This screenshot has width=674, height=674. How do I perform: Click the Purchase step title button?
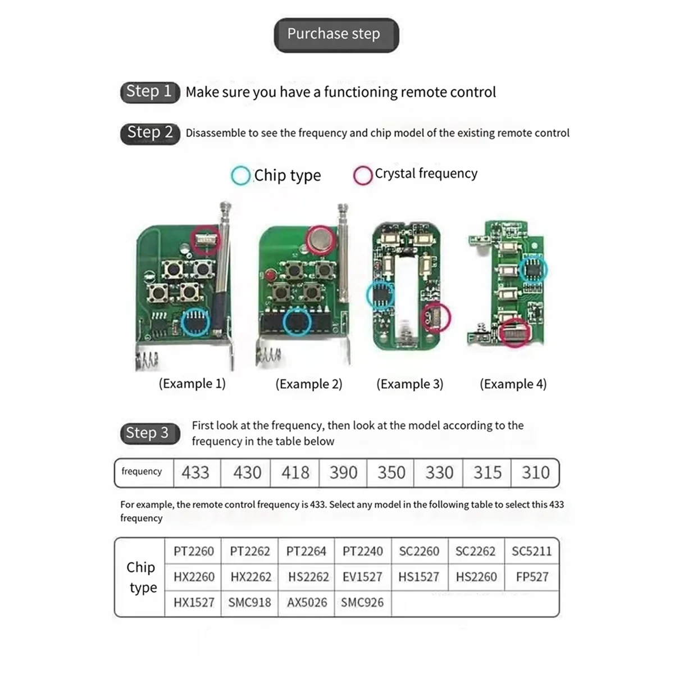point(336,35)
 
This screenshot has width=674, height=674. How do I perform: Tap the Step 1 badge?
point(149,92)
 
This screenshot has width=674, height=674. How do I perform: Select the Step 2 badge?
point(150,133)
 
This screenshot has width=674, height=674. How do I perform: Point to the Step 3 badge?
point(148,433)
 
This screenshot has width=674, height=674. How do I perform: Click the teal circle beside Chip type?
point(240,175)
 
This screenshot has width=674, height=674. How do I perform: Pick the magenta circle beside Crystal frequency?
point(363,175)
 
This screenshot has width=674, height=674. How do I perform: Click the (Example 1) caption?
point(192,384)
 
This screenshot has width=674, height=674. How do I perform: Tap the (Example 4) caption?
point(513,384)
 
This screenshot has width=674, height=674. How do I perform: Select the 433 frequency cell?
point(195,472)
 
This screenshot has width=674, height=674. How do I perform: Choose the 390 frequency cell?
point(343,472)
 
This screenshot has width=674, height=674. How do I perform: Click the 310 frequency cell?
point(535,472)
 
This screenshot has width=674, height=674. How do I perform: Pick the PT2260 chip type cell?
point(194,551)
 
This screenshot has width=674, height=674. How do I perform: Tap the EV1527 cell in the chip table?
point(362,577)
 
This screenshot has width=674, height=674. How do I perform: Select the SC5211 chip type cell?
point(531,551)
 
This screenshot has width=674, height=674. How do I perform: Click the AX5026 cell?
point(307,603)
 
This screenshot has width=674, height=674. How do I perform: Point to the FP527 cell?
point(531,577)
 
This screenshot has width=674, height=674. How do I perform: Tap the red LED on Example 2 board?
point(272,275)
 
